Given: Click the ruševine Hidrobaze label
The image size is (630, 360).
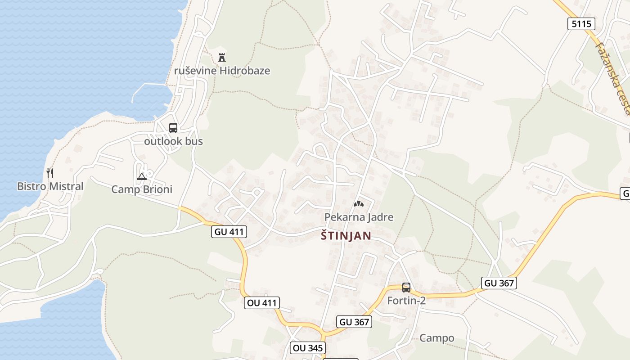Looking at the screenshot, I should coord(222,71).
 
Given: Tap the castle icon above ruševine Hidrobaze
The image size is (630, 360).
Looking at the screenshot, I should coord(221,58).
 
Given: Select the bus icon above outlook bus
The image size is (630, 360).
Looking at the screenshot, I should coord(173,128).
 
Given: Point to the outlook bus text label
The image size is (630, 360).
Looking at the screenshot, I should coord(173,141).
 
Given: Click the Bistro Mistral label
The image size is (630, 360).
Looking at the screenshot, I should coord(50,186).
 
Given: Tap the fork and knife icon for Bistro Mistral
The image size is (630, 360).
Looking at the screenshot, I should coord(50,173).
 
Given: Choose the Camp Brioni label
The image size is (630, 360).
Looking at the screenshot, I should coord(142,189).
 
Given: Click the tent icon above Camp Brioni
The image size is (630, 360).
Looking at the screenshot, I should coord(142,176).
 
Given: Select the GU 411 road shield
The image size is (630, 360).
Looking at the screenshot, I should coord(229,232).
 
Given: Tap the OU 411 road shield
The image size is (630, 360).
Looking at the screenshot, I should coord(262,303).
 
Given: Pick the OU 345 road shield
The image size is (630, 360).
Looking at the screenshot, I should coord(308,348).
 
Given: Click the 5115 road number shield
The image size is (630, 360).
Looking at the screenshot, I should coord(581,24).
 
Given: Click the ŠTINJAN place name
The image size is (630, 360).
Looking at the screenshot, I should coord(346,236).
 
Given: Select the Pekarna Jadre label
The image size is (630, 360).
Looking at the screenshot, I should coord(359,217).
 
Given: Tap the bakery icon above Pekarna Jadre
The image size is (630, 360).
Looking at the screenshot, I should coord(358,204).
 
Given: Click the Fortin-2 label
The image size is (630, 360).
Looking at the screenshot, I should coord(406,301).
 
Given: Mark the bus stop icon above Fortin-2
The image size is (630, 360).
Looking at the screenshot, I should coord(406,287).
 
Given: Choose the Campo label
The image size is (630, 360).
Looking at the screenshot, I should coord(436,338).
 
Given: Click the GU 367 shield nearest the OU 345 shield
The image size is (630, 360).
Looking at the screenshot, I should coord(354,322).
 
